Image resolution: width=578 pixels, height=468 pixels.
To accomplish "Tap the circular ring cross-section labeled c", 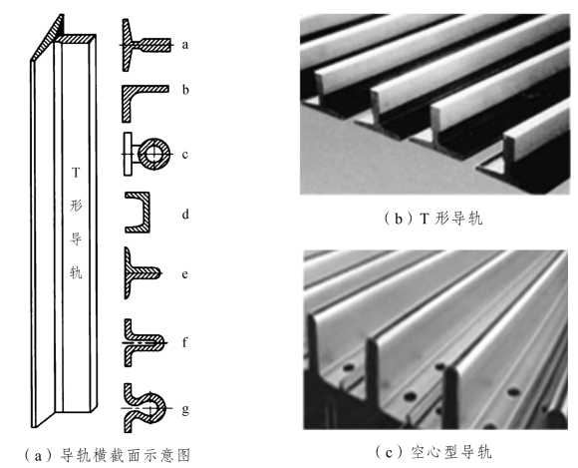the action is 153,154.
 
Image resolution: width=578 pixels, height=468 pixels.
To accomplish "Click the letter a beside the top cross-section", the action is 185,45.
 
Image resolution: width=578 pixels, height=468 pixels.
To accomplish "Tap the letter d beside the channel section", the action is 185,215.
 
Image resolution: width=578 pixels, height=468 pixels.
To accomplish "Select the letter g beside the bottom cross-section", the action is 185,409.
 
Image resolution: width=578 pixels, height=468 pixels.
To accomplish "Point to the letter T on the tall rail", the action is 76,173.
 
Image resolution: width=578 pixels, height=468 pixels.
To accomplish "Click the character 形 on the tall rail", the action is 76,206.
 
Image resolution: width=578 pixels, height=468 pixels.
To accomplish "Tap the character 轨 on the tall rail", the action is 76,272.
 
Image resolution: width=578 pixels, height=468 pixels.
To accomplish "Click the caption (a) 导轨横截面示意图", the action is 107,455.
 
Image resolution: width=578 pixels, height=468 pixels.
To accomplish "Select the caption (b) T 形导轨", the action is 433,219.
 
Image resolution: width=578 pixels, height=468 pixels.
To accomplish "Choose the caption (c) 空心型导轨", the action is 433,452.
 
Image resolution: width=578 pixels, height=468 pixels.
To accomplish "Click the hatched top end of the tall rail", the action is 76,38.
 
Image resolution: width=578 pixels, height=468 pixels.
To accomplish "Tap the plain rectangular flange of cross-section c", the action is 128,154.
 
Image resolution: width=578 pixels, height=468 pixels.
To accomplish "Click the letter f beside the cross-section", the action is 185,342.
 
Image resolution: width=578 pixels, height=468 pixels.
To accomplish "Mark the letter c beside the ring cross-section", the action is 185,155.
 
